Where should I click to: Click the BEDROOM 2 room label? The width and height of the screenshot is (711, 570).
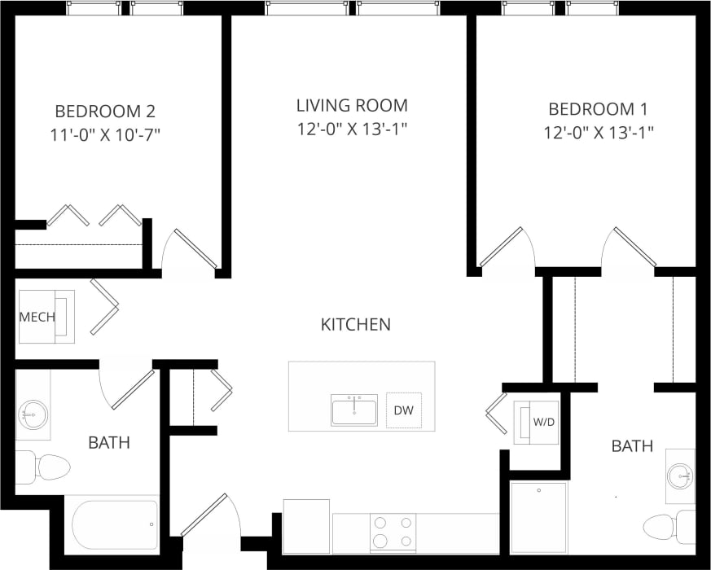point(105,111)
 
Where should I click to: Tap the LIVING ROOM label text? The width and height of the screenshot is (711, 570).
point(351,106)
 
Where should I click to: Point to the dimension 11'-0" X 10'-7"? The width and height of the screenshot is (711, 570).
point(105,134)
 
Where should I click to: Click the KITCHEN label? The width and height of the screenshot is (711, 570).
point(355,325)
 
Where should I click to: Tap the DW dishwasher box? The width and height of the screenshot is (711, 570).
point(404,410)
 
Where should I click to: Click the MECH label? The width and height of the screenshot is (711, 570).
point(36,316)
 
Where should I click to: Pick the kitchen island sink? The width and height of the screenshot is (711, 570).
point(354,410)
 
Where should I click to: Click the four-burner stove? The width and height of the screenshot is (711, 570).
point(393,533)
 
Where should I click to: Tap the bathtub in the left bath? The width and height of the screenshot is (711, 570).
point(114,524)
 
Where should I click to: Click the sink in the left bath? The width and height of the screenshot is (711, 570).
point(33,415)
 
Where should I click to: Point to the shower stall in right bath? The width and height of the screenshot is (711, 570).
point(538,518)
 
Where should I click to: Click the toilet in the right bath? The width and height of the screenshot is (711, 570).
point(665,526)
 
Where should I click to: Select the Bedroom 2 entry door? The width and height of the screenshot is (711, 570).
point(192,250)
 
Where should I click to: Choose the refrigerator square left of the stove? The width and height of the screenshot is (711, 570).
point(306,526)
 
